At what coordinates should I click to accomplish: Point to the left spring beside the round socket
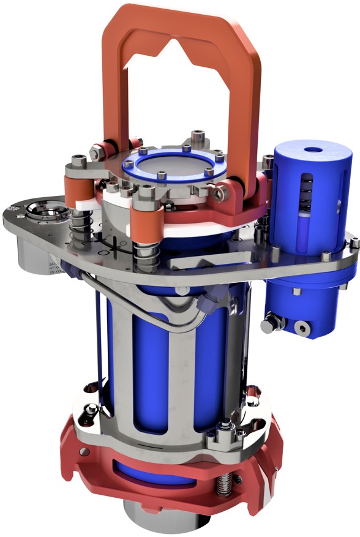tap(79, 233)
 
